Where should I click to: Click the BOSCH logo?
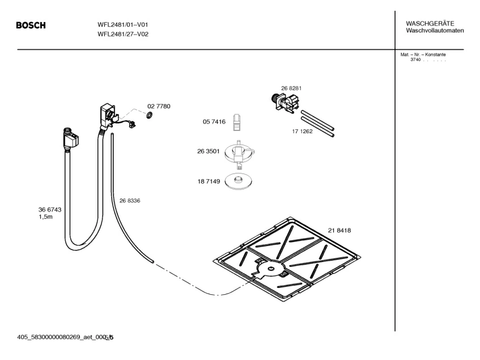tap(31, 26)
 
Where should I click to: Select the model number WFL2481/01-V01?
tap(123, 25)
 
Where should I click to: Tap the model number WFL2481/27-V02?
tap(123, 34)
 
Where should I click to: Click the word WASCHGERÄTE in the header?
tap(430, 23)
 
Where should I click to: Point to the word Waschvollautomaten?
tap(435, 30)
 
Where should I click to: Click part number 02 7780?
tap(159, 106)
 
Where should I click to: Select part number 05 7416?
tap(214, 121)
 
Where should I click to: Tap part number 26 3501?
tap(208, 151)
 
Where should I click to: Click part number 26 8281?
tap(291, 88)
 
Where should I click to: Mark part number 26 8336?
tap(130, 200)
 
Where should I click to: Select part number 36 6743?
tap(50, 210)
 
